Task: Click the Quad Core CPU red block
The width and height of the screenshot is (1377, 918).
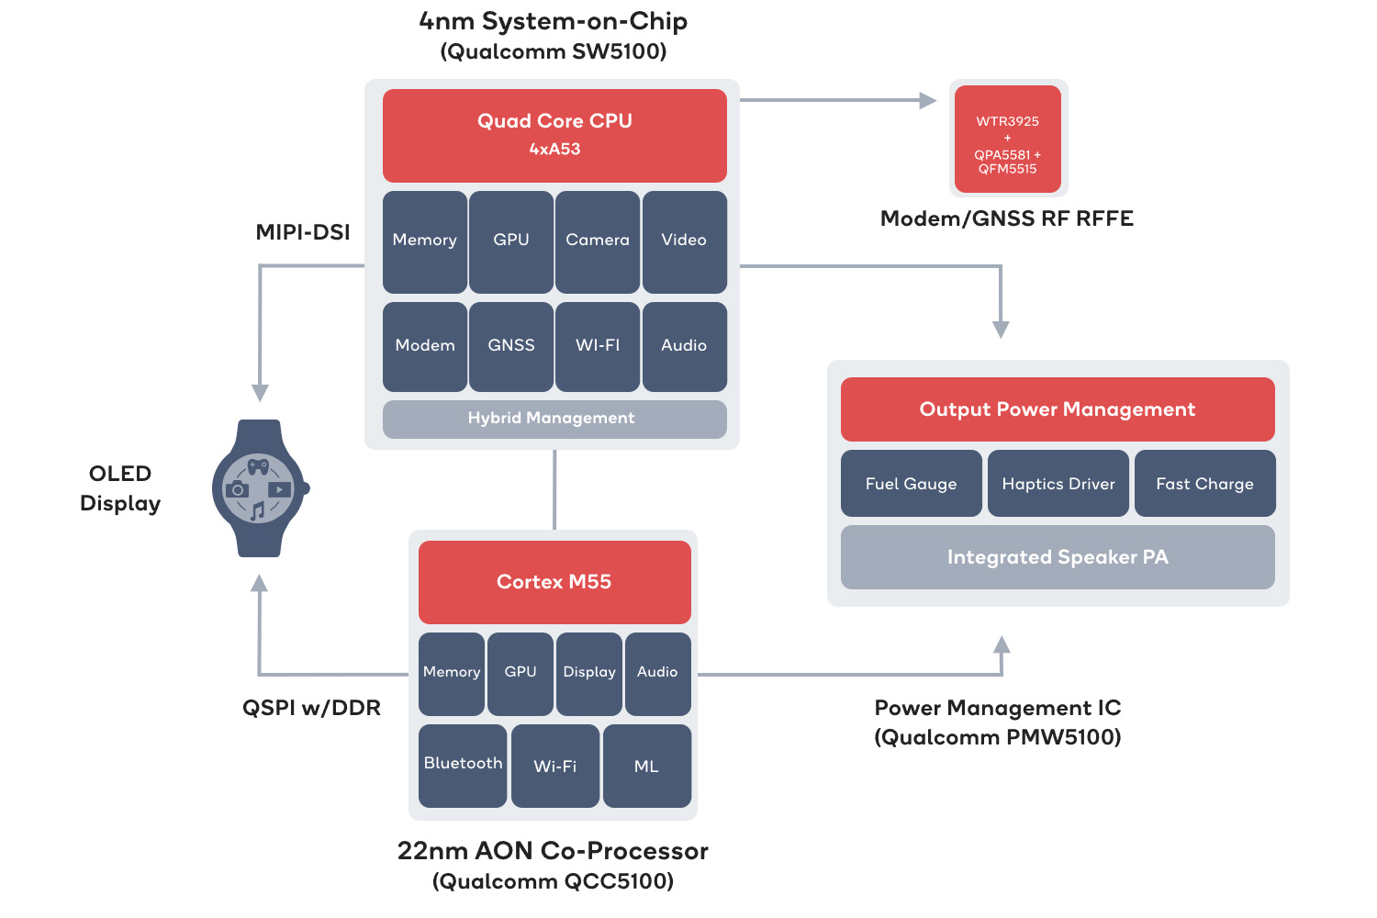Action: (x=554, y=135)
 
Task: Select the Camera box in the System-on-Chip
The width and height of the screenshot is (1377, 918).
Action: (x=598, y=241)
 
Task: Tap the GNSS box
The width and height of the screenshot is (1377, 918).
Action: (x=511, y=346)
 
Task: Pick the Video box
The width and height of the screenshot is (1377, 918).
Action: (x=684, y=241)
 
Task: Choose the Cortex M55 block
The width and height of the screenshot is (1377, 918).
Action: (x=554, y=582)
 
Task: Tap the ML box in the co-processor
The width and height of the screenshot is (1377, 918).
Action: (x=647, y=766)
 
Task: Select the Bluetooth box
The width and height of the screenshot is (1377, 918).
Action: (x=463, y=765)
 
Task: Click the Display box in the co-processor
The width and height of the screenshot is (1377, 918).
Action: (x=589, y=673)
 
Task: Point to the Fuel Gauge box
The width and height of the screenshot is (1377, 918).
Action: (x=911, y=484)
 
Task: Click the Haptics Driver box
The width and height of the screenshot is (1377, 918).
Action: (x=1058, y=484)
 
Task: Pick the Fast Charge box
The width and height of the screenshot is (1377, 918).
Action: (x=1204, y=484)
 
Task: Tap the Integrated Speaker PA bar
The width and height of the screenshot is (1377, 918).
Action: (x=1058, y=557)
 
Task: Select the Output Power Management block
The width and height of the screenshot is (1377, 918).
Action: (x=1058, y=409)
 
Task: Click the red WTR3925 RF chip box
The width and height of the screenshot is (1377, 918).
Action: (x=1008, y=140)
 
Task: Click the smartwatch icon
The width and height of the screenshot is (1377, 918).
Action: (x=260, y=488)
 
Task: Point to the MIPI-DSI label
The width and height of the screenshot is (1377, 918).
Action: (x=303, y=232)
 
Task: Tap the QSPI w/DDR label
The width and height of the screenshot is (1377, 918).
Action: (x=311, y=708)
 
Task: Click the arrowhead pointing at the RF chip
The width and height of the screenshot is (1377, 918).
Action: (x=928, y=100)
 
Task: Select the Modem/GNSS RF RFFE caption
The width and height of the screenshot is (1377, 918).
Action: (x=1007, y=218)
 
